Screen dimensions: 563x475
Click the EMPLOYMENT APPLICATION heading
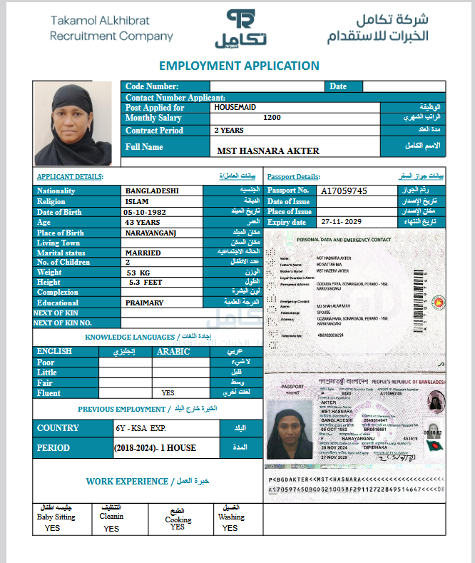coord(239,66)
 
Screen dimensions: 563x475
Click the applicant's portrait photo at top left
coord(73,123)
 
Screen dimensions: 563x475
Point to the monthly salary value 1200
coord(272,118)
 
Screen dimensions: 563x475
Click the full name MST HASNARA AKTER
coord(268,151)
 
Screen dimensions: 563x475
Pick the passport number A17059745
coord(344,191)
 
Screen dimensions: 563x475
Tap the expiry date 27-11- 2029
coord(343,222)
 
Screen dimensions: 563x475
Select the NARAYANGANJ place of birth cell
coord(150,233)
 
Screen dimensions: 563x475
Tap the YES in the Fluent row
coord(168,392)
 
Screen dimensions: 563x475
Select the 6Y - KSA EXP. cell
coord(140,428)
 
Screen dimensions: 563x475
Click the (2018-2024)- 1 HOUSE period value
coord(155,448)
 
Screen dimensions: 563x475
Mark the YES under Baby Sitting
coord(52,529)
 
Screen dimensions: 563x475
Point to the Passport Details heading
coord(293,176)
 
